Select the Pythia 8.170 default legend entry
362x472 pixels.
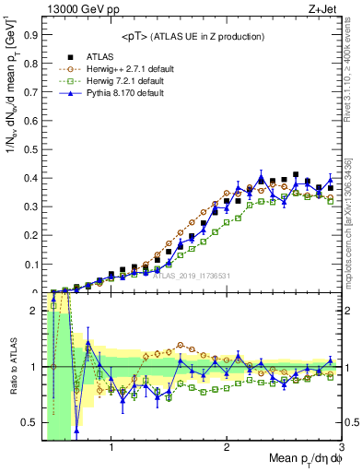123,93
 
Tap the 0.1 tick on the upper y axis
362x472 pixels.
31,265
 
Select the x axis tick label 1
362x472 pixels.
111,448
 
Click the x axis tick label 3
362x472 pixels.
341,448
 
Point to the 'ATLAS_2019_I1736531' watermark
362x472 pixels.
192,275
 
